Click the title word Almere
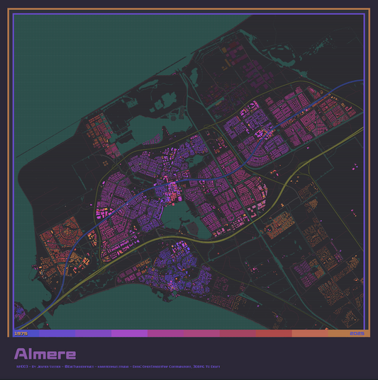point(45,353)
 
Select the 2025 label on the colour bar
point(356,333)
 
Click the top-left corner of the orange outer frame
point(9,9)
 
